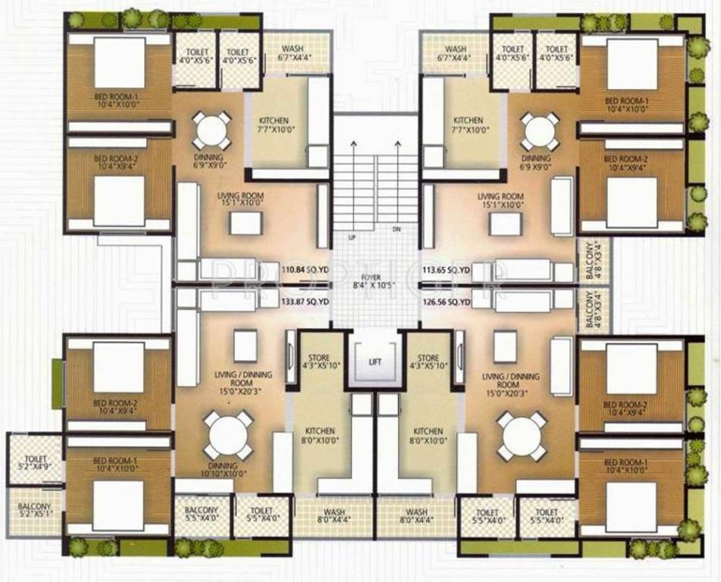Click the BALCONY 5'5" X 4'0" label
point(201,515)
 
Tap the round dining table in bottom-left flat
point(227,436)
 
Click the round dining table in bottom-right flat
point(522,436)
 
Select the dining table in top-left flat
point(212,131)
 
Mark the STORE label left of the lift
point(317,361)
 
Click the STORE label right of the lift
point(428,361)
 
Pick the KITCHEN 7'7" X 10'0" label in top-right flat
point(468,125)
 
